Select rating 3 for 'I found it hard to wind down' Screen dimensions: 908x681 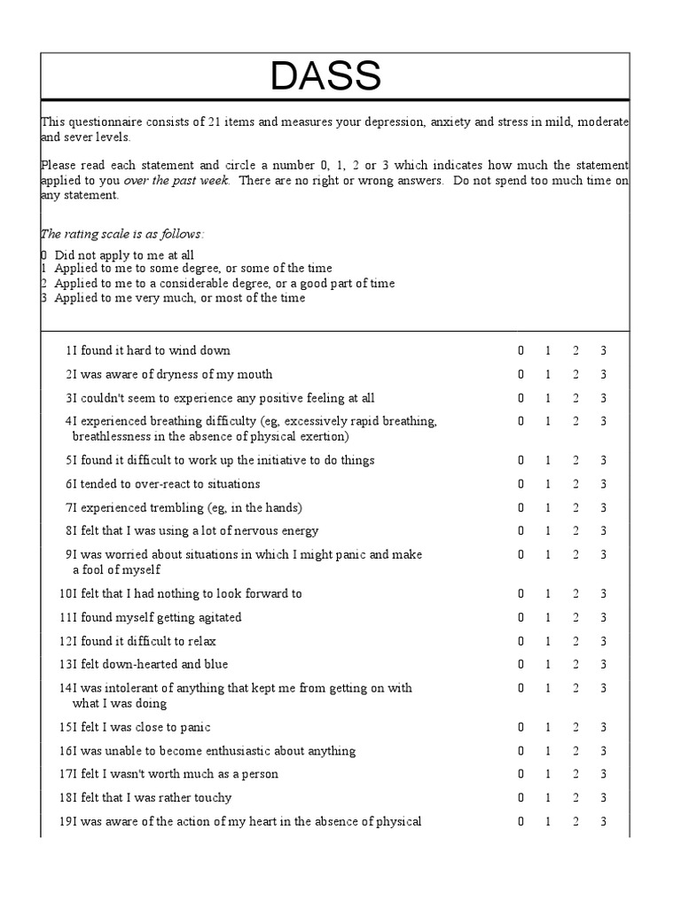point(603,351)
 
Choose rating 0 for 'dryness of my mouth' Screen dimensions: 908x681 point(521,375)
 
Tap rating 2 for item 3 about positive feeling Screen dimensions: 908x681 point(575,399)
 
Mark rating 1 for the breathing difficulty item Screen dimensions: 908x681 point(548,422)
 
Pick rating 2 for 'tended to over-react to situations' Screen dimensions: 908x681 point(575,484)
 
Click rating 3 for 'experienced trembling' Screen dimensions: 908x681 point(603,508)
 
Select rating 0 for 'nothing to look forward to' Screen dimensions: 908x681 point(521,594)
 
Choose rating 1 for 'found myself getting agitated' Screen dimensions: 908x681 point(548,618)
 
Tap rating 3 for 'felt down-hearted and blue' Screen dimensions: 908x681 point(603,665)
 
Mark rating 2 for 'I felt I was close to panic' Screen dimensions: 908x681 point(575,728)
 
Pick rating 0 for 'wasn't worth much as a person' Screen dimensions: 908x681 point(521,775)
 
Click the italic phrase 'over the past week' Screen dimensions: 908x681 point(176,180)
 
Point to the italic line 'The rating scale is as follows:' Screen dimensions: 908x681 point(122,234)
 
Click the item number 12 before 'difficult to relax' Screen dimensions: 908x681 point(66,641)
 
